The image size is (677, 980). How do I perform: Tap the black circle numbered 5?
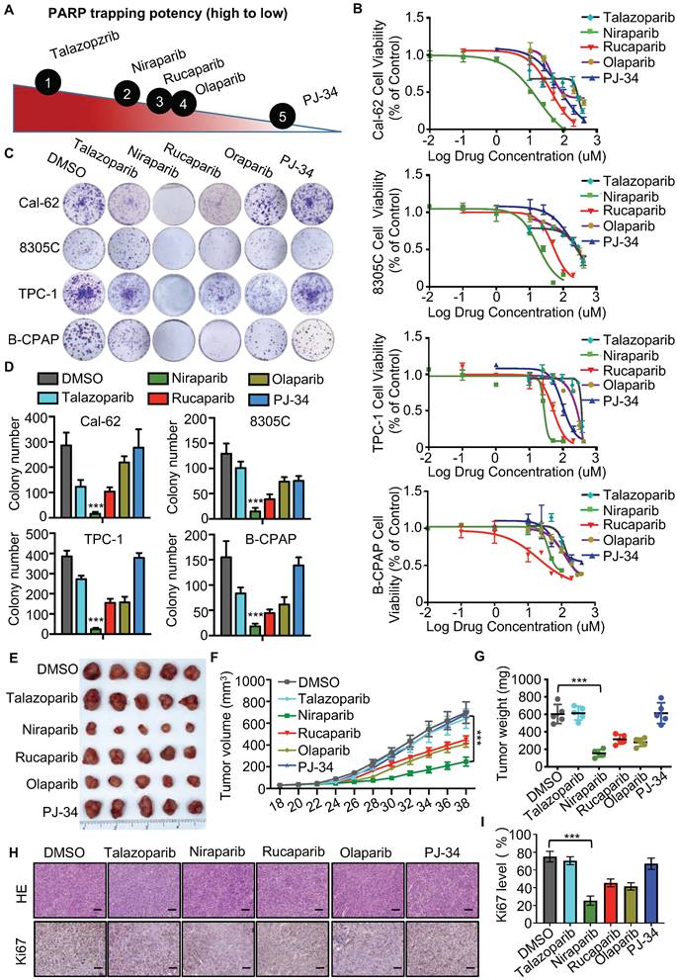coord(282,117)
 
